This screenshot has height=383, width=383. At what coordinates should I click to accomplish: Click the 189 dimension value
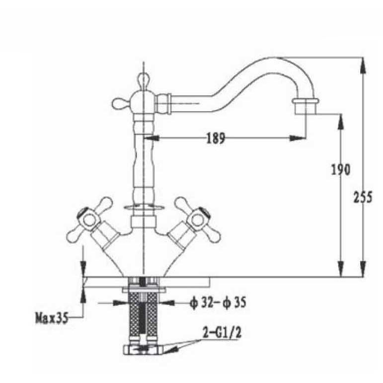pyautogui.click(x=216, y=138)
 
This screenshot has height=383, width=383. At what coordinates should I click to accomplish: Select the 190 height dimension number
pyautogui.click(x=340, y=169)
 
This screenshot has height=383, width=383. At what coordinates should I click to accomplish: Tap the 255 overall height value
pyautogui.click(x=363, y=197)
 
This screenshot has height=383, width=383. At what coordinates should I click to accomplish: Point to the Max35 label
pyautogui.click(x=52, y=318)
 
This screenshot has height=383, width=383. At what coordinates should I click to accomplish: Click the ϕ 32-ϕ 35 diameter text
pyautogui.click(x=218, y=303)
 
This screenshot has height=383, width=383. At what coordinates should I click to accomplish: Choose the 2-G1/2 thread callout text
pyautogui.click(x=222, y=332)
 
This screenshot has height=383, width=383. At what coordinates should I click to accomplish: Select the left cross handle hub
pyautogui.click(x=88, y=219)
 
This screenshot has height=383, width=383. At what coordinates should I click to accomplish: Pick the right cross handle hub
pyautogui.click(x=198, y=219)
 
